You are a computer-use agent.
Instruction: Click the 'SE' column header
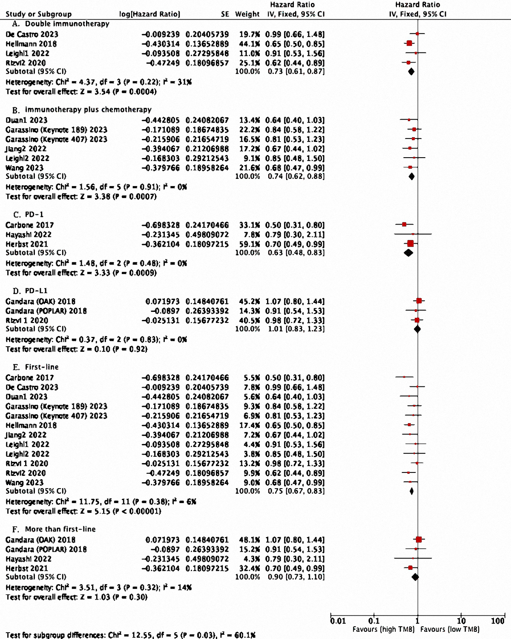click(x=225, y=14)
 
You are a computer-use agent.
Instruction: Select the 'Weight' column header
click(x=247, y=14)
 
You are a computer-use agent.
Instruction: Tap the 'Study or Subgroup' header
click(x=38, y=14)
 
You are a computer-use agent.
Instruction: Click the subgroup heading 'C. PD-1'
click(x=29, y=214)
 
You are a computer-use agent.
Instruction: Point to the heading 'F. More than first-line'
click(x=54, y=529)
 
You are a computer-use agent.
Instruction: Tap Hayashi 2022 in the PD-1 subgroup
click(x=29, y=235)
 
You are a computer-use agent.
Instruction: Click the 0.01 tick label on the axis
click(x=338, y=621)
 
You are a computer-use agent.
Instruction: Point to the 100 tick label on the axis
click(x=497, y=621)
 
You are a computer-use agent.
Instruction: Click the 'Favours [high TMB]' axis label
click(x=383, y=630)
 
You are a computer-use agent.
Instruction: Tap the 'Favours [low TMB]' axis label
click(x=450, y=630)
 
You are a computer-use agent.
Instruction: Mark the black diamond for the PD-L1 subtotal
click(x=417, y=329)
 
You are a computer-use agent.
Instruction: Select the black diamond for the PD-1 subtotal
click(x=408, y=253)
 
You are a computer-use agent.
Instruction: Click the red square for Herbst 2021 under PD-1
click(x=411, y=244)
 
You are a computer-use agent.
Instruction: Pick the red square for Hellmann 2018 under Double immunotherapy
click(x=409, y=43)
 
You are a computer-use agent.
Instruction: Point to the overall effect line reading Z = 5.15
click(x=83, y=511)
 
